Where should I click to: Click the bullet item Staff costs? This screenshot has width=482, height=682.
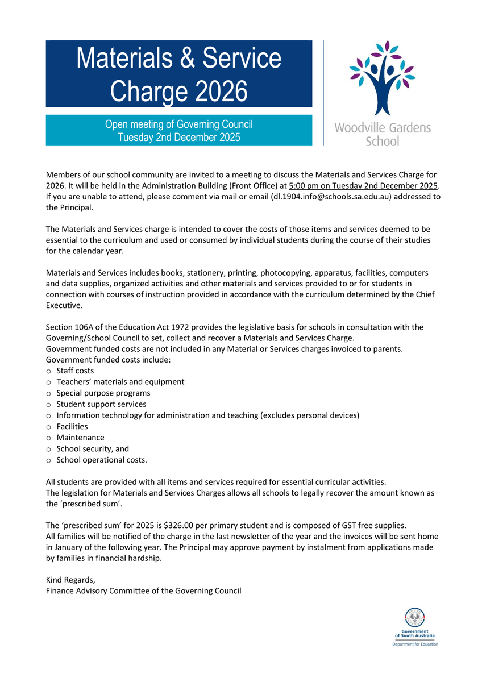point(75,371)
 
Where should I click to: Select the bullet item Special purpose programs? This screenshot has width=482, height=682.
point(103,393)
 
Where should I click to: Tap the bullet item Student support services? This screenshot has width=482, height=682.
point(101,404)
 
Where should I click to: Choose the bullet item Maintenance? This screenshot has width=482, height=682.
point(80,438)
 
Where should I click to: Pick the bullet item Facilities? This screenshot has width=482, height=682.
point(72,426)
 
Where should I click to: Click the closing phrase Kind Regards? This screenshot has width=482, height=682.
point(70,580)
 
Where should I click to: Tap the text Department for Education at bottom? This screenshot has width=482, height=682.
point(415,644)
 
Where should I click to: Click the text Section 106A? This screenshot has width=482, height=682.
point(70,327)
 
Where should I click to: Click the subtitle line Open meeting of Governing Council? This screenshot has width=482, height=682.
point(178,124)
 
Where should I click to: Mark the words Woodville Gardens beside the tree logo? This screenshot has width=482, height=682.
point(382,127)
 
